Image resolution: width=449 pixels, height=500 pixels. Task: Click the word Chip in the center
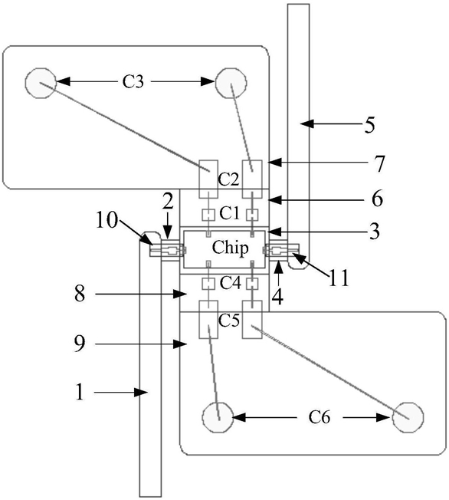point(231,248)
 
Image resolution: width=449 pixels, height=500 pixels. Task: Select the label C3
point(133,81)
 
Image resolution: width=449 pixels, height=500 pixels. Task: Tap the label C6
point(320,417)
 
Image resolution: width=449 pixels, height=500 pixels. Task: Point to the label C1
point(229,213)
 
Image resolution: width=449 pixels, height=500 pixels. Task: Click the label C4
point(230,283)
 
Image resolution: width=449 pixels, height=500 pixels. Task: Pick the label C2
point(228,180)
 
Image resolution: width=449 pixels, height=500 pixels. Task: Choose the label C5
point(229,321)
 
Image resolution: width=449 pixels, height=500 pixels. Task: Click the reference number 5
point(369,125)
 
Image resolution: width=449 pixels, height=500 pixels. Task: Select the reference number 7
point(379,163)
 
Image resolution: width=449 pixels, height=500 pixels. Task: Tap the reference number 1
point(80,392)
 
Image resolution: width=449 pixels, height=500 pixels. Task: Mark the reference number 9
point(80,344)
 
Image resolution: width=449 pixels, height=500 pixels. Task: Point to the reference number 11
point(339,278)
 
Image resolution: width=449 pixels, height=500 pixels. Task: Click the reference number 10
point(107,220)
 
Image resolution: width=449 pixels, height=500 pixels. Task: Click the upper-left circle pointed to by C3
point(41,83)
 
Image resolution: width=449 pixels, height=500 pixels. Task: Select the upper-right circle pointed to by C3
point(231,83)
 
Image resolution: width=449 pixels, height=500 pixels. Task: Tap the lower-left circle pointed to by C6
point(218,417)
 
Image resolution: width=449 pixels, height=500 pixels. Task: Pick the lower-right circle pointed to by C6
point(408,417)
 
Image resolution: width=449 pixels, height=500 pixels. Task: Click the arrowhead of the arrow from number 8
point(180,294)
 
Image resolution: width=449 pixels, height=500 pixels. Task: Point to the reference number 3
point(375,231)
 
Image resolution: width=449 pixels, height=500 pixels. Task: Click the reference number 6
point(377,199)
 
